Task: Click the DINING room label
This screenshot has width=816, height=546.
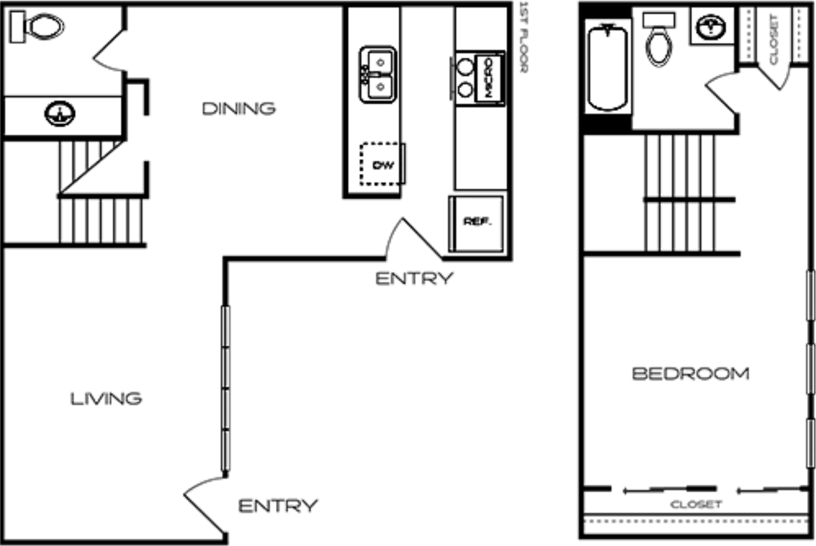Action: pyautogui.click(x=238, y=109)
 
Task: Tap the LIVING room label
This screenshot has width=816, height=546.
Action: pyautogui.click(x=106, y=399)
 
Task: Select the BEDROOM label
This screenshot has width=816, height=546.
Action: pyautogui.click(x=690, y=374)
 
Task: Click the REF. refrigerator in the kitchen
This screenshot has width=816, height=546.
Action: pyautogui.click(x=477, y=223)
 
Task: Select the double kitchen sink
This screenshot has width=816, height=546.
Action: pyautogui.click(x=377, y=74)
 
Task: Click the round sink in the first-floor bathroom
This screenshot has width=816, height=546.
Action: pyautogui.click(x=60, y=114)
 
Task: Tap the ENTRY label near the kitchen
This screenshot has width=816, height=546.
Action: pyautogui.click(x=414, y=279)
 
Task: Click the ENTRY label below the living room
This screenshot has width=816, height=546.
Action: pyautogui.click(x=277, y=506)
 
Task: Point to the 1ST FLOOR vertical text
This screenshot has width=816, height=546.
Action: pyautogui.click(x=524, y=37)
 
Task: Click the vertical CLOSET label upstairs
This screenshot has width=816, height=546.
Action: pyautogui.click(x=774, y=38)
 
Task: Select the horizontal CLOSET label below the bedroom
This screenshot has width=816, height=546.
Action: pyautogui.click(x=696, y=505)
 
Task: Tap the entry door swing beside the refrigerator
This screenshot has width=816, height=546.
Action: pyautogui.click(x=414, y=239)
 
